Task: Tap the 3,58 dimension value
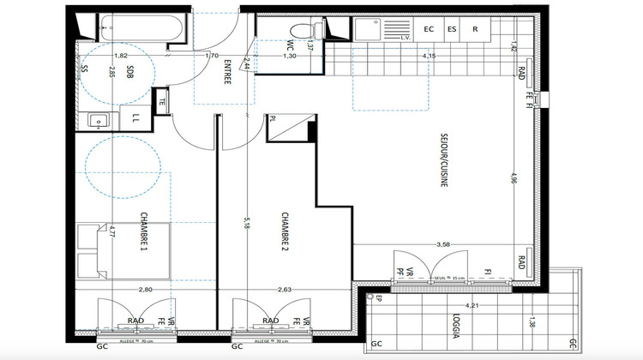(443, 244)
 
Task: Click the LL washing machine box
(136, 118)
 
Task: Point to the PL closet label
(273, 119)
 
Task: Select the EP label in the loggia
(378, 298)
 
